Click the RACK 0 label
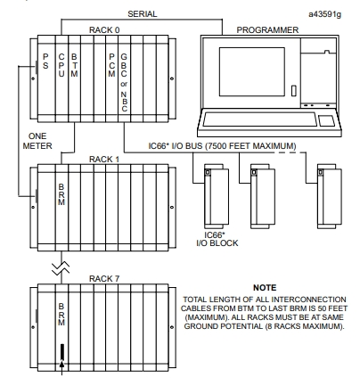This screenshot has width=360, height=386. pyautogui.click(x=104, y=30)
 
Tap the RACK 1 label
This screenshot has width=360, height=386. pyautogui.click(x=104, y=160)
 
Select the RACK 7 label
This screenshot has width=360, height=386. pyautogui.click(x=104, y=279)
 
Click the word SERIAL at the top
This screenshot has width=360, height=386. pyautogui.click(x=143, y=14)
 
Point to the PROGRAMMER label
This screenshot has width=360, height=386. pyautogui.click(x=267, y=30)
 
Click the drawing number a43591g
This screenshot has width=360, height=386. pyautogui.click(x=324, y=14)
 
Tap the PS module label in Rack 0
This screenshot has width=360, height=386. pyautogui.click(x=45, y=62)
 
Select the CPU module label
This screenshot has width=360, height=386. pyautogui.click(x=61, y=65)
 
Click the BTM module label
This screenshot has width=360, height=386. pyautogui.click(x=74, y=65)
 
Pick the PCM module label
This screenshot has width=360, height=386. pyautogui.click(x=111, y=65)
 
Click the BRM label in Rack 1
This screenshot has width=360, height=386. pyautogui.click(x=61, y=194)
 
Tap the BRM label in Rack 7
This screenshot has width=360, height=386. pyautogui.click(x=61, y=314)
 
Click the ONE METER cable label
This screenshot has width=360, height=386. pyautogui.click(x=37, y=141)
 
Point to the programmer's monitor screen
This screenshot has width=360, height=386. pyautogui.click(x=252, y=71)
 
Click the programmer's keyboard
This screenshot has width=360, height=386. pyautogui.click(x=260, y=119)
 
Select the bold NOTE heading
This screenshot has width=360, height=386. pyautogui.click(x=265, y=288)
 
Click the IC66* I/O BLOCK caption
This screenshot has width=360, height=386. pyautogui.click(x=217, y=239)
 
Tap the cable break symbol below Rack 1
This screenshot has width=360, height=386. pyautogui.click(x=61, y=267)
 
